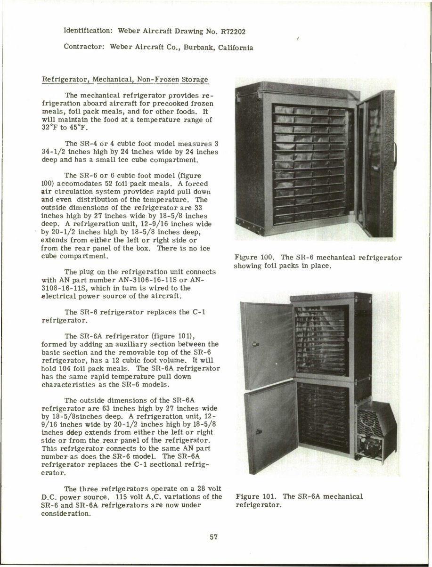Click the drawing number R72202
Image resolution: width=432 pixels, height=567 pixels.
230,32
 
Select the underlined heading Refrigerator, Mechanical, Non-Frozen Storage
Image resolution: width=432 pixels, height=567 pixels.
125,80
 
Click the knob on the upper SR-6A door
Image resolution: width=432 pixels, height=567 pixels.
256,343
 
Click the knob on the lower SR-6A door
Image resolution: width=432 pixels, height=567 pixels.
257,431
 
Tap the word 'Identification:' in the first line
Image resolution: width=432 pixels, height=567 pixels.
87,32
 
